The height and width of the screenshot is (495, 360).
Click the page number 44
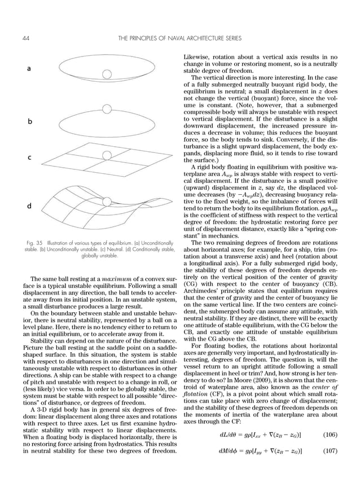[x=26, y=38]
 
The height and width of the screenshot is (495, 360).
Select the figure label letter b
[x=29, y=121]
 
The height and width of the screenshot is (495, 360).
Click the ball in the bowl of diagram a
[x=106, y=73]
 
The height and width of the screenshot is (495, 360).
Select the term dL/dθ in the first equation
[x=228, y=434]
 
